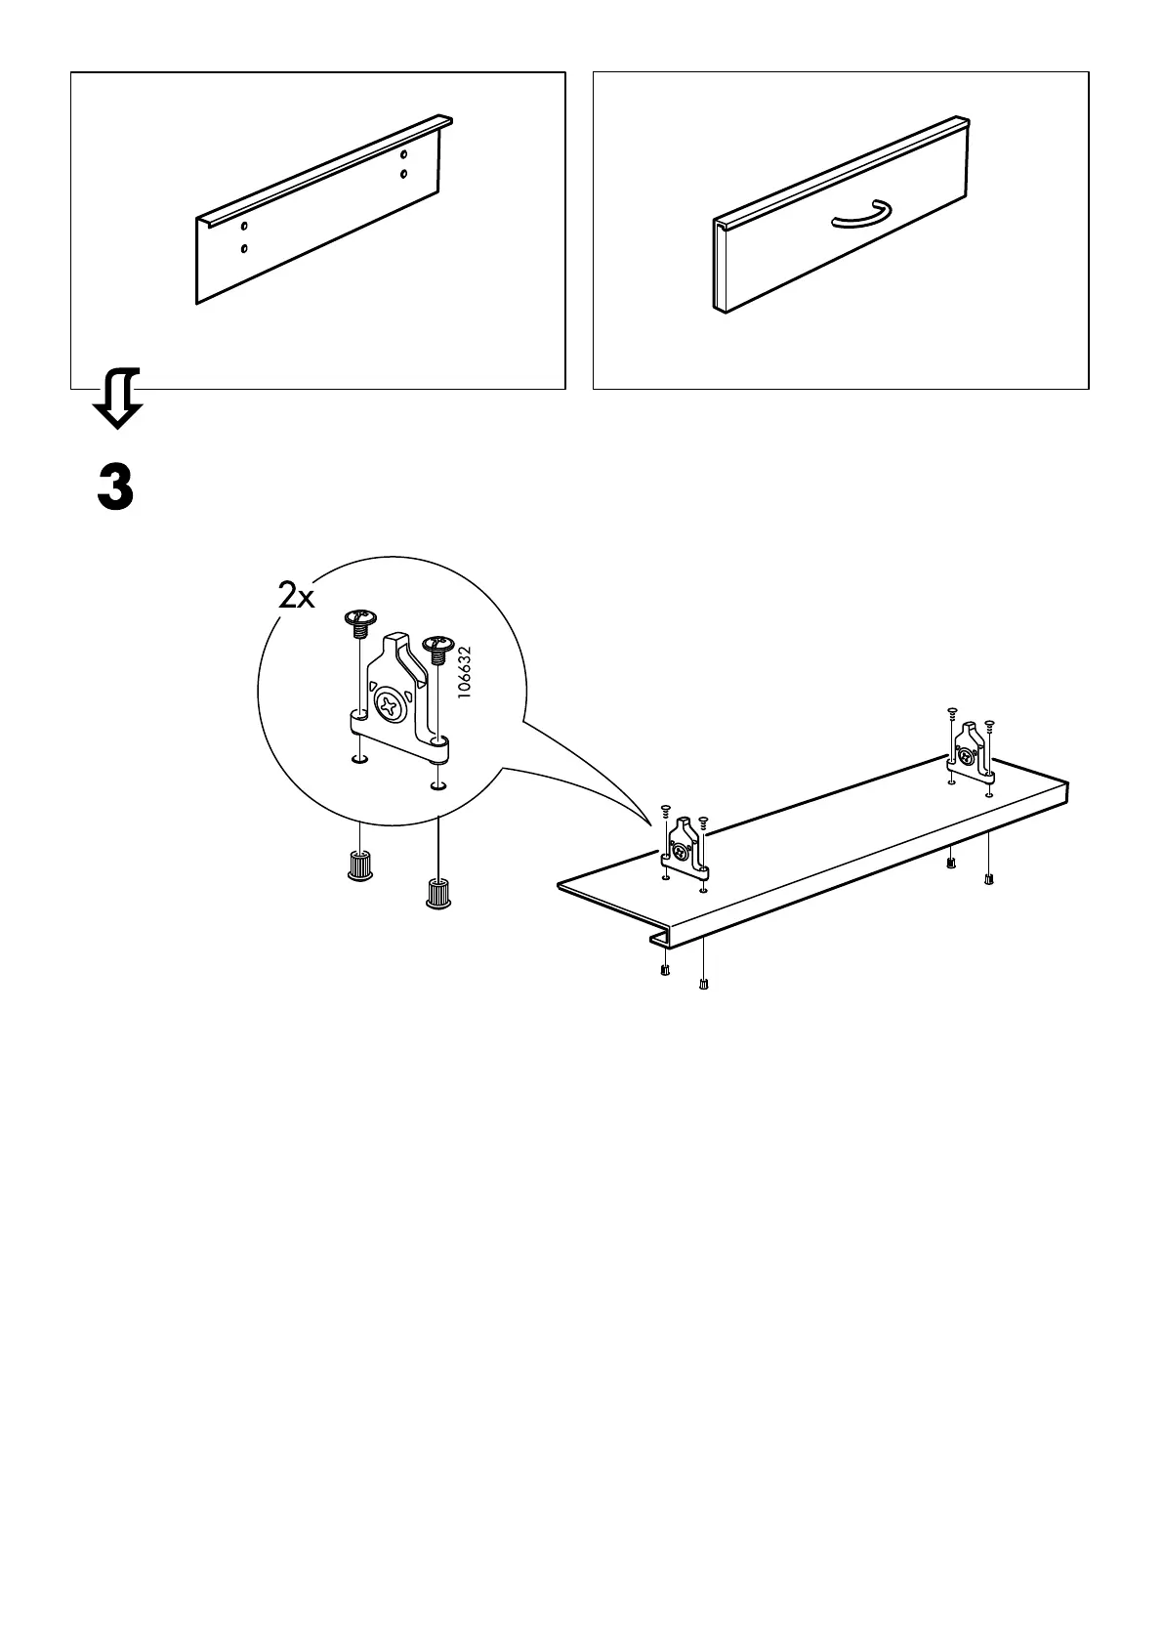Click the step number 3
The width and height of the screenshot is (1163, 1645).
pos(115,487)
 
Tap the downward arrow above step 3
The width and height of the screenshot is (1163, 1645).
pos(116,399)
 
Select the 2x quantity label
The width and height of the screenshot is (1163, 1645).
pos(296,596)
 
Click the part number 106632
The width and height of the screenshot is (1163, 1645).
pos(465,670)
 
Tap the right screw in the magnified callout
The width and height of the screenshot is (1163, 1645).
pos(436,647)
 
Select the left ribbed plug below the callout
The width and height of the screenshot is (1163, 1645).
pos(360,865)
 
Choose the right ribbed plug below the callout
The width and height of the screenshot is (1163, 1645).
pos(437,893)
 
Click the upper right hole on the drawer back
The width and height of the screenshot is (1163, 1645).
pos(404,154)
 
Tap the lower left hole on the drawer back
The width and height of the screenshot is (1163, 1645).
pos(244,249)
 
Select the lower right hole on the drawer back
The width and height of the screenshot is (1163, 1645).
pos(404,175)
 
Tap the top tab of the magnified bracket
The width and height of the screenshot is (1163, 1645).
pos(395,642)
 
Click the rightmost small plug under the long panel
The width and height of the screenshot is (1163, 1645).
pos(989,878)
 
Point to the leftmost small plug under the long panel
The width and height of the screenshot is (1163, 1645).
pos(664,970)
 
